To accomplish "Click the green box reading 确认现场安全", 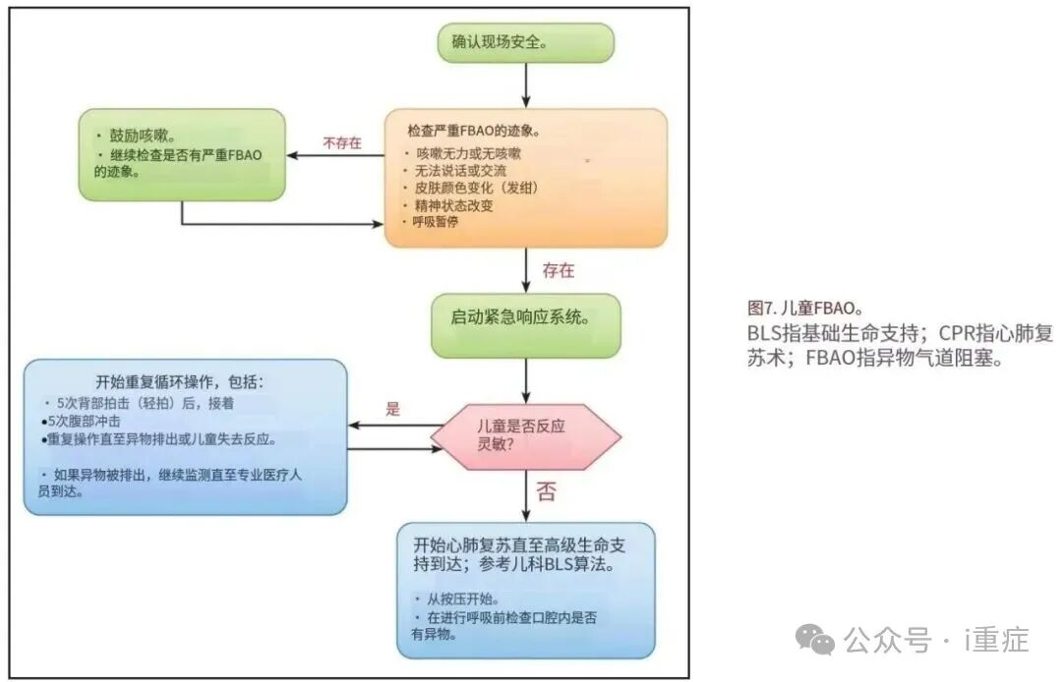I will [526, 43].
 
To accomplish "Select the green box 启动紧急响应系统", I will [526, 317].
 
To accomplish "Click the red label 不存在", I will [341, 142].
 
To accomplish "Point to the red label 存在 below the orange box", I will [559, 269].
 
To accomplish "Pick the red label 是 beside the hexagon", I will [393, 410].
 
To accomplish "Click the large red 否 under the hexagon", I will [546, 488].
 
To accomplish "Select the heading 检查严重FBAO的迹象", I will [474, 131].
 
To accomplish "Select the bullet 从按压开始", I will [461, 598].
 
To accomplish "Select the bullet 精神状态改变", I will [454, 204].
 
